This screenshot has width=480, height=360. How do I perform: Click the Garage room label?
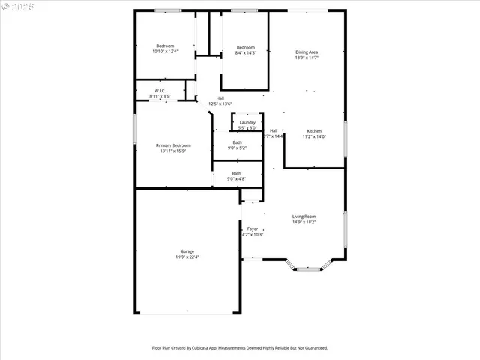[x=187, y=251]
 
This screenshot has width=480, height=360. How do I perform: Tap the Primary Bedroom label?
[x=172, y=145]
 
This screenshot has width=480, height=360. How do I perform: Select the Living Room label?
[x=304, y=217]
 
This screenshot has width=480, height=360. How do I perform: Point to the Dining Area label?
[x=307, y=52]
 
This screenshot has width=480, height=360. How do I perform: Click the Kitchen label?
[x=314, y=131]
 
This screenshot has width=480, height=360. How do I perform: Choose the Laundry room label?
[x=247, y=122]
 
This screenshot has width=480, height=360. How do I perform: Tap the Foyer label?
[x=253, y=229]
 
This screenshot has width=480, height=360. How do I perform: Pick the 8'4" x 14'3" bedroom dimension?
[x=246, y=52]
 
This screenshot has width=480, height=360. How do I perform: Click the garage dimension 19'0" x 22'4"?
[x=187, y=257]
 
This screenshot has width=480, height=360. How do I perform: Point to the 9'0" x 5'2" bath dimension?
[x=237, y=148]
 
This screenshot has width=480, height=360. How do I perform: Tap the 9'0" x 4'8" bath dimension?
[x=236, y=179]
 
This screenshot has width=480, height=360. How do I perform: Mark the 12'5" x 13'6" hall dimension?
[x=220, y=104]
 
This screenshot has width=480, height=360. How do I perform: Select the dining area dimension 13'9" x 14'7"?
[x=307, y=58]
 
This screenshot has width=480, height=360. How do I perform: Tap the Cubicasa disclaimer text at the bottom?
[x=240, y=348]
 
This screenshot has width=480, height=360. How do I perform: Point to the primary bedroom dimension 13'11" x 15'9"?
[x=172, y=151]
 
